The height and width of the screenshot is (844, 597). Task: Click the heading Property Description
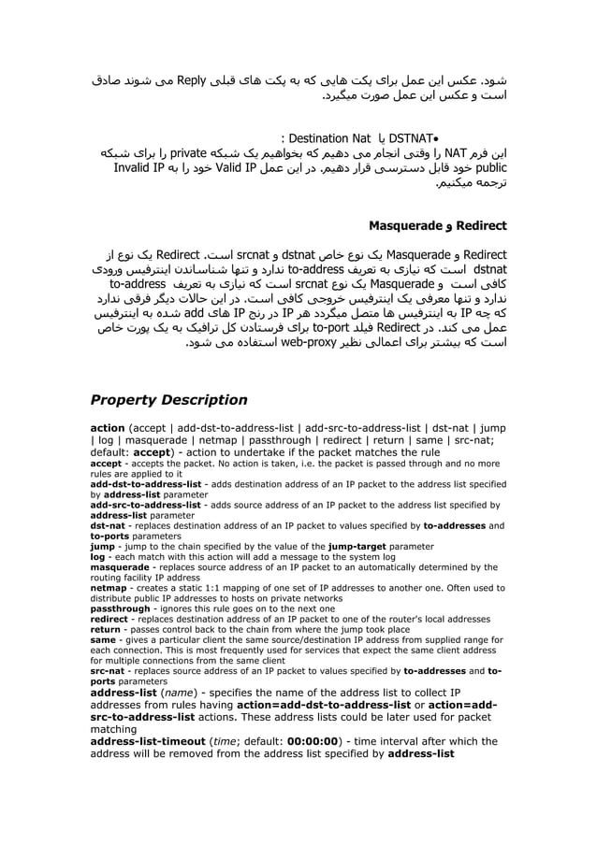168,400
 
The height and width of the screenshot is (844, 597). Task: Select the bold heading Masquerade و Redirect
437,226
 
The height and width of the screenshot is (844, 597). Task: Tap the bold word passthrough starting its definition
120,608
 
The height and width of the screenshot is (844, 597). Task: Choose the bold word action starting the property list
107,427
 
